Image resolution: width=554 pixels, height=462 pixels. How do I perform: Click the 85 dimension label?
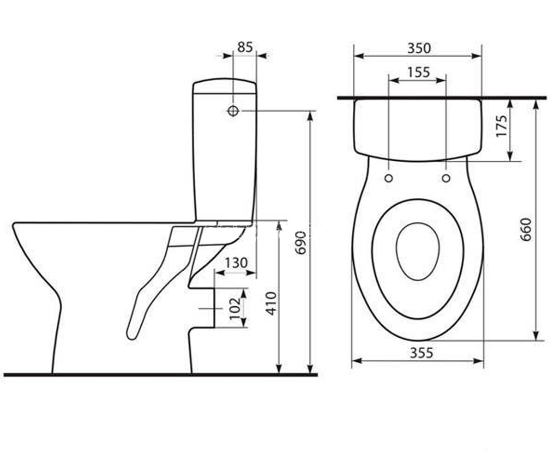[245, 47]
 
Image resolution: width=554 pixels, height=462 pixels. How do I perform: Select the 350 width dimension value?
[419, 49]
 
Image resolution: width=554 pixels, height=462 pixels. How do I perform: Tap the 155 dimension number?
[419, 72]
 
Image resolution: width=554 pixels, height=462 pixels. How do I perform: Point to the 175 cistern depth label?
[501, 126]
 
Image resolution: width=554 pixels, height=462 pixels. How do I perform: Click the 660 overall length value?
[526, 230]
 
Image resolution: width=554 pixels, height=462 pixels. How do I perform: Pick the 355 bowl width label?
[422, 353]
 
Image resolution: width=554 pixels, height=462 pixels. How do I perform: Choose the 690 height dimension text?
[301, 243]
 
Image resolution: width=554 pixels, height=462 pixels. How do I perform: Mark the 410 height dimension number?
[271, 304]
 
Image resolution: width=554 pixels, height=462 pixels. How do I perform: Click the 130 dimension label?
[236, 263]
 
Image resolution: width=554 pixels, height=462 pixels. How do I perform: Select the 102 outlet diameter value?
[235, 309]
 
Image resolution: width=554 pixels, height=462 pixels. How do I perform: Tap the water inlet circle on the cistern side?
[233, 111]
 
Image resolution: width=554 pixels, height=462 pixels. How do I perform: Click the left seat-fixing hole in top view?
[389, 178]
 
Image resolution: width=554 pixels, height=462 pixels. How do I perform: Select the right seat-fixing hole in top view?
[446, 178]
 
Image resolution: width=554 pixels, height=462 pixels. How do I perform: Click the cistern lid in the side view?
[224, 85]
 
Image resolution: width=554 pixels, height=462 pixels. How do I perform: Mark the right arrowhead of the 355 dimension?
[478, 361]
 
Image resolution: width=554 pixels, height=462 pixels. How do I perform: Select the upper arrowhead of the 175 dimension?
[510, 104]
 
